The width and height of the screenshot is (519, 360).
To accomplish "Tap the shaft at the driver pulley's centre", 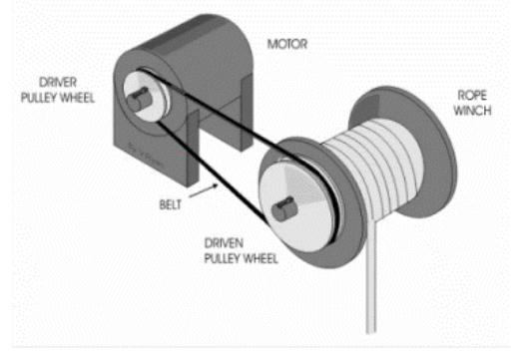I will (136, 99).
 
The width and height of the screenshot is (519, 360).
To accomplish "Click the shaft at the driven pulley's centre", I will (285, 207).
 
